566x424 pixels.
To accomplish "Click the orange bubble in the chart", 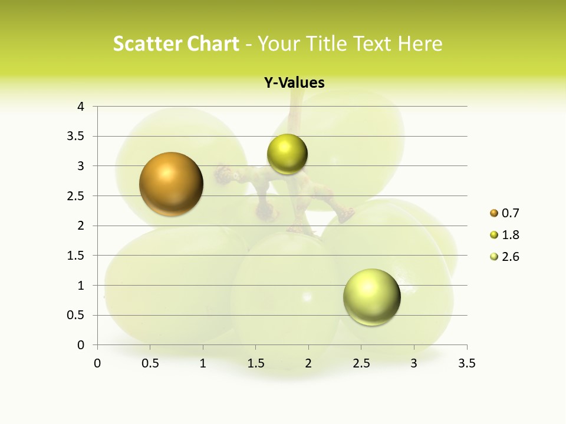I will pyautogui.click(x=171, y=184).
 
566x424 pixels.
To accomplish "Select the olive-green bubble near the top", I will pyautogui.click(x=287, y=154).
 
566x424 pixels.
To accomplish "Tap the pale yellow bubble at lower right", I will pyautogui.click(x=371, y=297).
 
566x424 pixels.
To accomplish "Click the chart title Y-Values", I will pyautogui.click(x=294, y=83).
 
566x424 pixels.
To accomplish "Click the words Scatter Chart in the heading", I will pyautogui.click(x=176, y=44).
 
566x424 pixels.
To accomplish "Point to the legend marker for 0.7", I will pyautogui.click(x=494, y=213).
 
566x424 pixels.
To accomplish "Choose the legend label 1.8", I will pyautogui.click(x=510, y=235).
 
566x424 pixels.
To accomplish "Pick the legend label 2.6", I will pyautogui.click(x=510, y=257).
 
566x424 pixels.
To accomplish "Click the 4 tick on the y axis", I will pyautogui.click(x=81, y=107).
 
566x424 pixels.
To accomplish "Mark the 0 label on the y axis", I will pyautogui.click(x=81, y=345).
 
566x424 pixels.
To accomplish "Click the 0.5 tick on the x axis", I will pyautogui.click(x=150, y=363).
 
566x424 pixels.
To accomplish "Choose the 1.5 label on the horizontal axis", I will pyautogui.click(x=256, y=363).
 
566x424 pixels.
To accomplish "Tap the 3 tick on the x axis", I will pyautogui.click(x=414, y=363).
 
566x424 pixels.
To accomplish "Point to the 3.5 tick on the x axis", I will pyautogui.click(x=466, y=363).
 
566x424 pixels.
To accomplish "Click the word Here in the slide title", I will pyautogui.click(x=420, y=44).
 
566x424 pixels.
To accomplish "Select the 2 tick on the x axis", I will pyautogui.click(x=308, y=363).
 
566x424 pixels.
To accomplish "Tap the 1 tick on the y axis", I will pyautogui.click(x=81, y=286).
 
